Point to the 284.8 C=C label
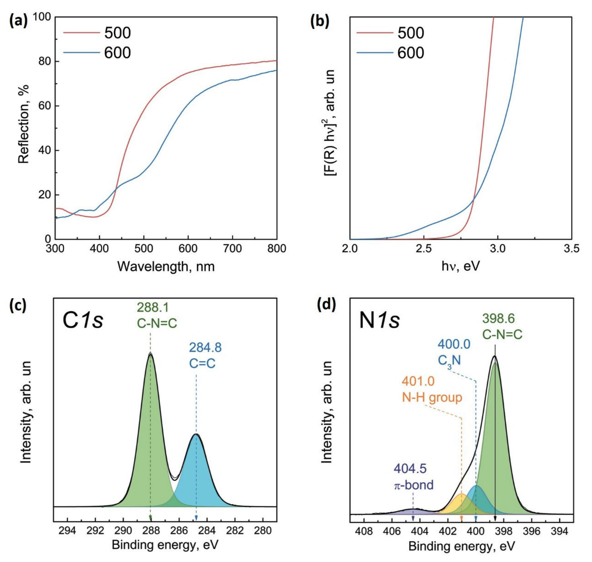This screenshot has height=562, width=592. click(205, 357)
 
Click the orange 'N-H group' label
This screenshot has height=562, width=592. click(432, 398)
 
